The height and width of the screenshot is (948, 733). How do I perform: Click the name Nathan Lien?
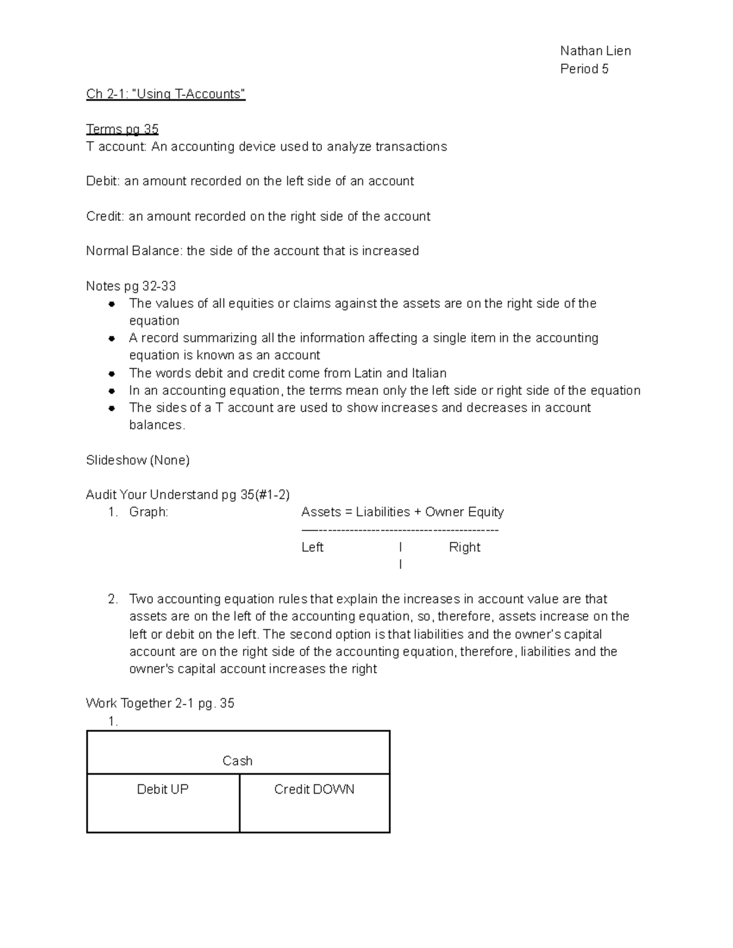(595, 51)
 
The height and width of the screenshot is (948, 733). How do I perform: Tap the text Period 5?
(584, 68)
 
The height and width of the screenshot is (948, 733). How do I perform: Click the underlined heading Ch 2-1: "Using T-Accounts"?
(166, 93)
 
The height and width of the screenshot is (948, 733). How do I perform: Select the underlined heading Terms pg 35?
(122, 129)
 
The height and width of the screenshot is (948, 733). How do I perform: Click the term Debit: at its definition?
(103, 181)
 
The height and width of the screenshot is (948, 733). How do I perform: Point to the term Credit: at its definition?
(105, 216)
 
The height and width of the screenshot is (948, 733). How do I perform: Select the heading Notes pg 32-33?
(131, 286)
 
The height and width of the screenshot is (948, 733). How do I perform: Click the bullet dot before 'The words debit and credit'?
(112, 374)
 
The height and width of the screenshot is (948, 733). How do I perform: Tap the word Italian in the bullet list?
(429, 373)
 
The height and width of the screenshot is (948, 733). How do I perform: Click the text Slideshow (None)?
(137, 460)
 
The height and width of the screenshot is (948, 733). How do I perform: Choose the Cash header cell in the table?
(238, 761)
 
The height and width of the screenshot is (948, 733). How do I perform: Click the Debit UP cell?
(162, 789)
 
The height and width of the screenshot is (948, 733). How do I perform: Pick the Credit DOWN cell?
(314, 789)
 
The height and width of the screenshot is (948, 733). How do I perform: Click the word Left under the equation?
(312, 548)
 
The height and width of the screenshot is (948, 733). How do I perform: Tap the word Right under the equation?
(464, 548)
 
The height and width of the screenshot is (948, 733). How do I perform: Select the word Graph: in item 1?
(148, 512)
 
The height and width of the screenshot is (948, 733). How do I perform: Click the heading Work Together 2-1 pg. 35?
(160, 703)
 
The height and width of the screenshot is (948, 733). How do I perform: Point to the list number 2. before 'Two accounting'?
(112, 599)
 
